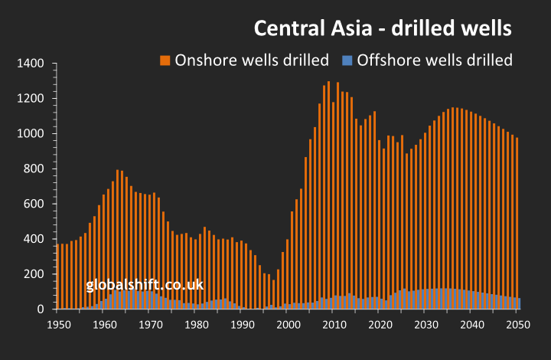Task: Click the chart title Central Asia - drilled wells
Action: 382,29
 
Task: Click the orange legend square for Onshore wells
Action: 165,60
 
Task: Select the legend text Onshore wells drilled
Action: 253,60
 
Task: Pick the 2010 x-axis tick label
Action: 333,325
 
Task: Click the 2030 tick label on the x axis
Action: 425,325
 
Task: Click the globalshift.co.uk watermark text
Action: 145,285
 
